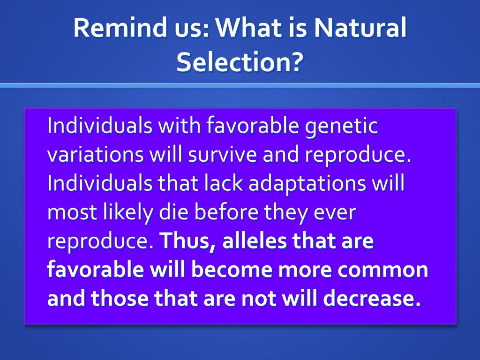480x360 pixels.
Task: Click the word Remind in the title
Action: click(120, 27)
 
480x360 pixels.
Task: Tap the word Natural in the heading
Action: click(360, 27)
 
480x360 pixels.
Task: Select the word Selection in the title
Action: click(234, 62)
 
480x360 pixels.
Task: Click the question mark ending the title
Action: click(297, 62)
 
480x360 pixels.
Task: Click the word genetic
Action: click(342, 126)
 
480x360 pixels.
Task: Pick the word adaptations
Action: click(307, 184)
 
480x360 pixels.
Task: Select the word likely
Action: click(128, 212)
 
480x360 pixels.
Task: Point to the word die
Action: click(173, 212)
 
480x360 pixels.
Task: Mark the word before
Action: click(226, 212)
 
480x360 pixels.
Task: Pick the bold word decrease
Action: click(372, 298)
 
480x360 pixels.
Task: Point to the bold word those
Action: click(120, 298)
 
